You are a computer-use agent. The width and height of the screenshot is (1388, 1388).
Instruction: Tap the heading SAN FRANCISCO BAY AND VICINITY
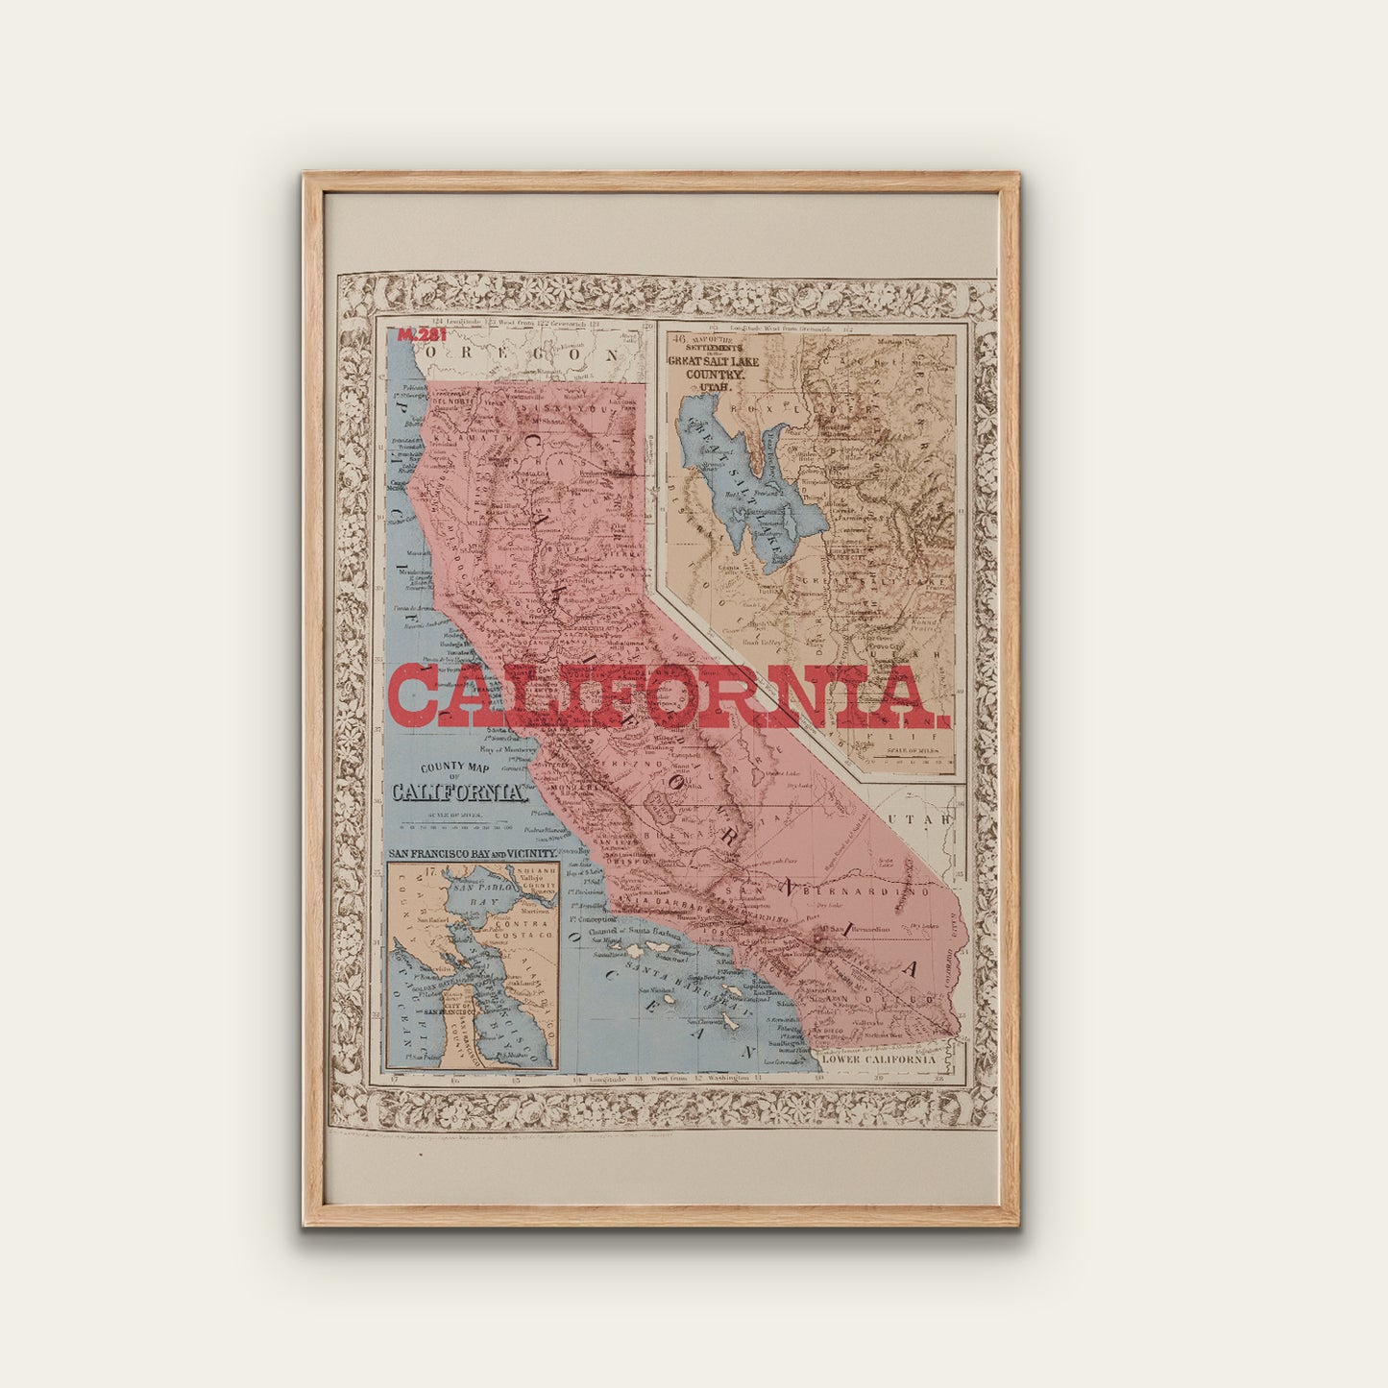click(x=472, y=853)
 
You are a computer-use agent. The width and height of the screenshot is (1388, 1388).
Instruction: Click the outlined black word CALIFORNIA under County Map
click(x=459, y=793)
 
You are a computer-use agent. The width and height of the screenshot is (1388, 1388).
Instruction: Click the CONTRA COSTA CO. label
click(x=520, y=928)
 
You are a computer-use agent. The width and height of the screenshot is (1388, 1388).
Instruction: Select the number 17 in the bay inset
click(x=429, y=872)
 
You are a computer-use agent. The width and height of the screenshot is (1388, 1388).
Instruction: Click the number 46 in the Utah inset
click(x=679, y=339)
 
